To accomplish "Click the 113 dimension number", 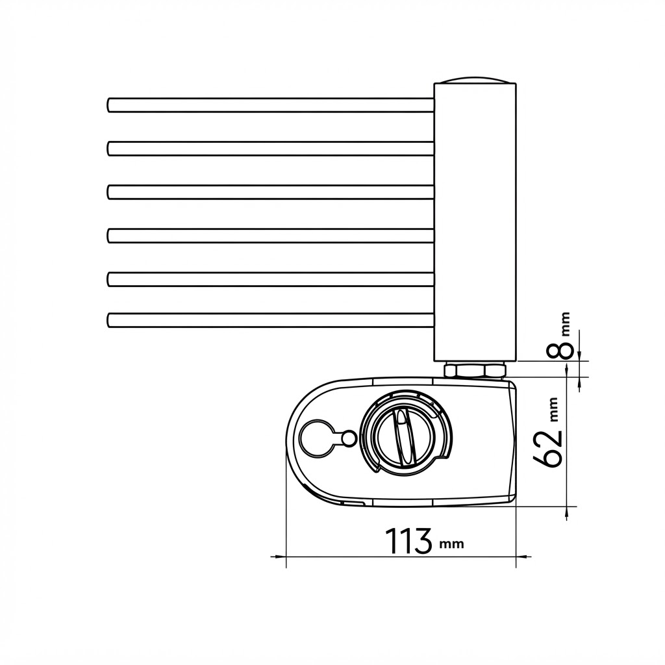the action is [x=408, y=541].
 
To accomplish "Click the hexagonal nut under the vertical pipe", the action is [x=475, y=370].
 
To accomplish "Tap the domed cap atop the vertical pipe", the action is [x=475, y=80].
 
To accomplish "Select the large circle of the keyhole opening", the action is [x=316, y=439].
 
